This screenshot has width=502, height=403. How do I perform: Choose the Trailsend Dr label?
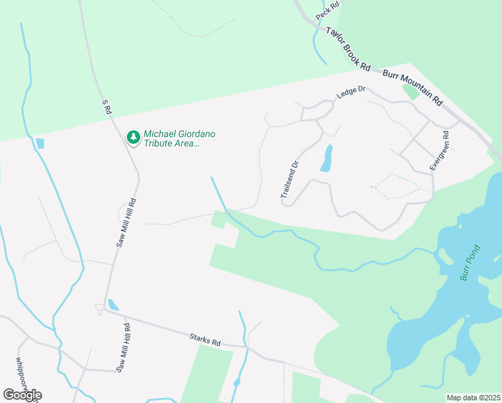tap(289, 180)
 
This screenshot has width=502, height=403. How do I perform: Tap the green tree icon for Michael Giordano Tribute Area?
tap(134, 138)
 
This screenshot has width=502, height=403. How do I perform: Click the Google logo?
tap(22, 395)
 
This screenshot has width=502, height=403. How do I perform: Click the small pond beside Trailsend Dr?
tap(327, 159)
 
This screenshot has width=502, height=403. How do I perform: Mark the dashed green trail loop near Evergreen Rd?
tap(394, 186)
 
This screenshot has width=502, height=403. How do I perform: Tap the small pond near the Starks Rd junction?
tap(113, 305)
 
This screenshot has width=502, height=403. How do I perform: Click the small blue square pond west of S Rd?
tap(40, 143)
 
